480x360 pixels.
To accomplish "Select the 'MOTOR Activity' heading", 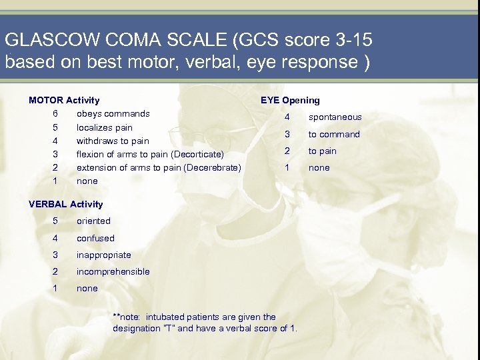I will click(64, 100).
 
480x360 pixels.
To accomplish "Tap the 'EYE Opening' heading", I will click(290, 100).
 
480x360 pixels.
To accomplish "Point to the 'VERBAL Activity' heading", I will click(66, 204).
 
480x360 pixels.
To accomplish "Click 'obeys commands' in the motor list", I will click(113, 113).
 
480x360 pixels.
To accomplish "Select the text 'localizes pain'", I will click(105, 127).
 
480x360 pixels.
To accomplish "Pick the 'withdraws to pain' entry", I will click(113, 141).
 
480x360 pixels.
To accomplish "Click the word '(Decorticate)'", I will click(197, 155).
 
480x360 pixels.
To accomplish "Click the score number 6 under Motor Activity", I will click(55, 113).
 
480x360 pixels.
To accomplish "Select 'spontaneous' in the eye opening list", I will click(335, 117).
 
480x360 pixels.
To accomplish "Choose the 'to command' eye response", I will click(333, 134).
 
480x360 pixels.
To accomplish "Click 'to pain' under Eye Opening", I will click(322, 151).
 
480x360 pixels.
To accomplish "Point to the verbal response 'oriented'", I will click(93, 221).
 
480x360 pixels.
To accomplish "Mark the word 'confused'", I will click(95, 238).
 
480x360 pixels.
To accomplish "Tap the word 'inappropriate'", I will click(103, 255).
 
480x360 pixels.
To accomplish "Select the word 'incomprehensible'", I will click(113, 271).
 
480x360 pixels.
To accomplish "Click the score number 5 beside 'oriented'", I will click(55, 221).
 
